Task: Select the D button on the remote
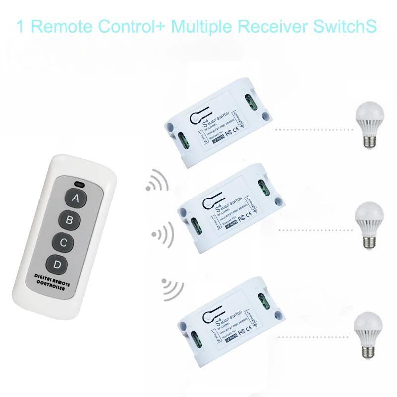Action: (57, 265)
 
